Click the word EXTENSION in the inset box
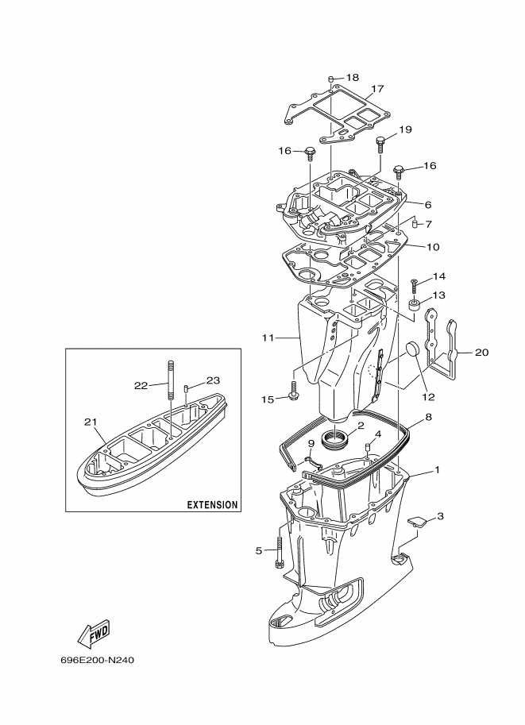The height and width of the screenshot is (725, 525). (212, 505)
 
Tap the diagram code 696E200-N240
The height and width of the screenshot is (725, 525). (97, 673)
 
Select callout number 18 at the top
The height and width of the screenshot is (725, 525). (352, 78)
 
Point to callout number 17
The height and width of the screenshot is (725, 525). (377, 89)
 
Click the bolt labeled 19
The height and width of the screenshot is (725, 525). (380, 145)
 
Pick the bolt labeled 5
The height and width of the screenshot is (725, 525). (279, 552)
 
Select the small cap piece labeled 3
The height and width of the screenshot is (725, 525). (417, 521)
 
